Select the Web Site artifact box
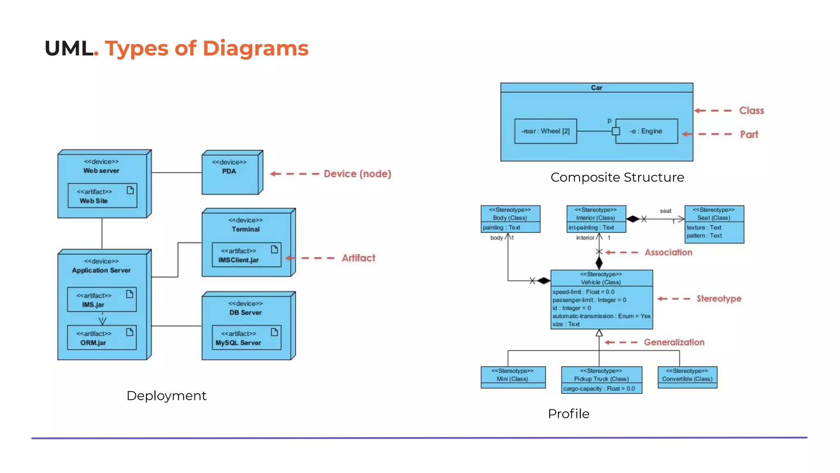(x=102, y=196)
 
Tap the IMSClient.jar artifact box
(x=246, y=255)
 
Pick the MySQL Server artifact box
(x=246, y=338)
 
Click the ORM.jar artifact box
(x=102, y=338)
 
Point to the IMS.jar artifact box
(x=102, y=300)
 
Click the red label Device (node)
(x=357, y=174)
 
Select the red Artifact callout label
(x=358, y=258)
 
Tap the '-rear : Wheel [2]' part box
(x=546, y=131)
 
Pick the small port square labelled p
(x=616, y=131)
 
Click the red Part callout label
(x=749, y=135)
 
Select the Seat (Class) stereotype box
(x=714, y=224)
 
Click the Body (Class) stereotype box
(x=510, y=219)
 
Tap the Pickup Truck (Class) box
(x=601, y=380)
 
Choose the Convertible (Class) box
(x=687, y=377)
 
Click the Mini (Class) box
(x=513, y=377)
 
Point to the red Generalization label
(x=674, y=342)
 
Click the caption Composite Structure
(x=617, y=177)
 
